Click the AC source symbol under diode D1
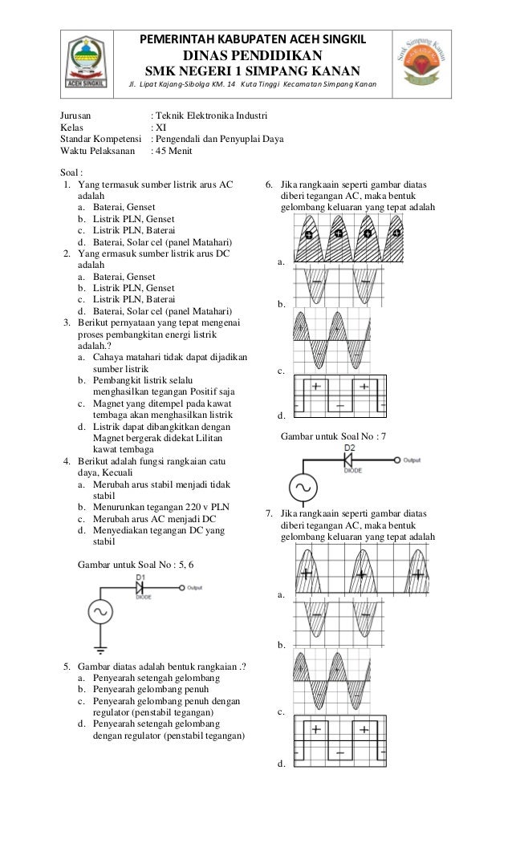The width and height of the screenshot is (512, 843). (101, 611)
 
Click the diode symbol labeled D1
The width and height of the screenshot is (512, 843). (143, 589)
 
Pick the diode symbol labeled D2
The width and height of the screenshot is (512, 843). (350, 460)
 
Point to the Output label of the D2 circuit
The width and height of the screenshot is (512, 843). (412, 460)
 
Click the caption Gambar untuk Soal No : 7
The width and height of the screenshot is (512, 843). (332, 436)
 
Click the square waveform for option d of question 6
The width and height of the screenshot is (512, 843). (343, 395)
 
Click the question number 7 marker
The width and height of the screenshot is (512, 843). (269, 513)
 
